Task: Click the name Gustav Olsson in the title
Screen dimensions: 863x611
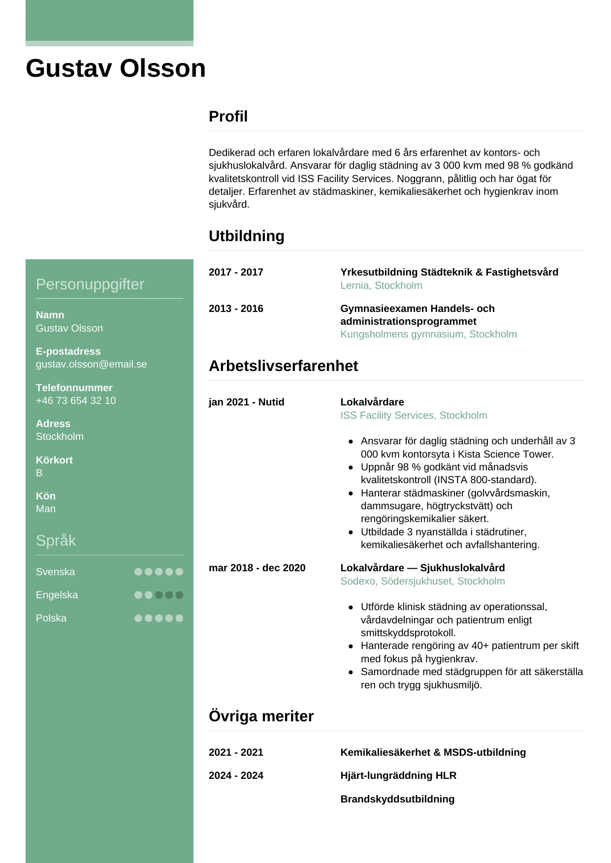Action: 116,68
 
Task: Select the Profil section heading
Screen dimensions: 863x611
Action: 228,117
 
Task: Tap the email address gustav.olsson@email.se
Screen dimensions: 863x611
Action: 91,365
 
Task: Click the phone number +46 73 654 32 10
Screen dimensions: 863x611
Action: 76,401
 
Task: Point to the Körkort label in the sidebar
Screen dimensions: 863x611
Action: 54,460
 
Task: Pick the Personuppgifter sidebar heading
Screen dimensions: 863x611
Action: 90,284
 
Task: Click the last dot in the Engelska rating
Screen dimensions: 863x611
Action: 179,595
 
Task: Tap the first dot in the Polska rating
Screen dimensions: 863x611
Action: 138,618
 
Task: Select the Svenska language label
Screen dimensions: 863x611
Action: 56,572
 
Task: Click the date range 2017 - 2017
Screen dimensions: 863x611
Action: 236,272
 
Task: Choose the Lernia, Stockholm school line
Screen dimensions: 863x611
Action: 381,286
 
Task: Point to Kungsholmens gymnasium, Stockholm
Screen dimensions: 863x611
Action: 428,335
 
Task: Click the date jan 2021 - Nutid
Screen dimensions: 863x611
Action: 246,402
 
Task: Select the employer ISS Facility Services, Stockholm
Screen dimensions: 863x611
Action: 414,416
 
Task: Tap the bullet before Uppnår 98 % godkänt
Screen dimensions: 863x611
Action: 351,467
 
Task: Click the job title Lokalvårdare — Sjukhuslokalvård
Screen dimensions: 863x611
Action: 422,568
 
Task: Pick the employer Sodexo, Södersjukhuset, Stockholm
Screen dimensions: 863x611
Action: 422,582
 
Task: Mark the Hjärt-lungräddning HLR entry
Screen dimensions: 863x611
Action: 398,776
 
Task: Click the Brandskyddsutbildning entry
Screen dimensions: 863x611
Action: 397,799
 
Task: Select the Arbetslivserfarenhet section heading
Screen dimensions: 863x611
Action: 283,366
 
